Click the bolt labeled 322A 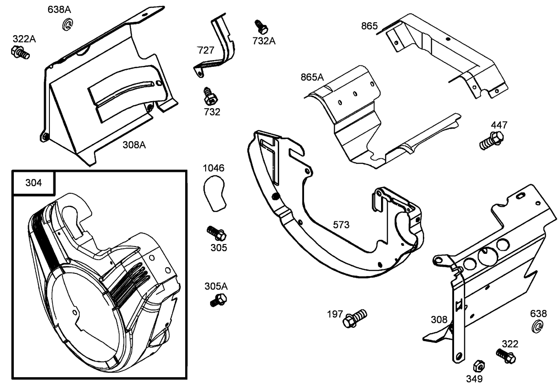tap(20, 52)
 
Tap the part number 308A tap(134, 145)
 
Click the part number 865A tap(312, 77)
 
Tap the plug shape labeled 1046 tap(215, 192)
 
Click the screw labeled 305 tap(217, 233)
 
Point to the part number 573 tap(341, 225)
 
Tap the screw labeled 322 tap(506, 355)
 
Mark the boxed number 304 tap(33, 183)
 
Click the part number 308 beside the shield tap(439, 320)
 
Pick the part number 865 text tap(369, 26)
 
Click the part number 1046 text tap(214, 168)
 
